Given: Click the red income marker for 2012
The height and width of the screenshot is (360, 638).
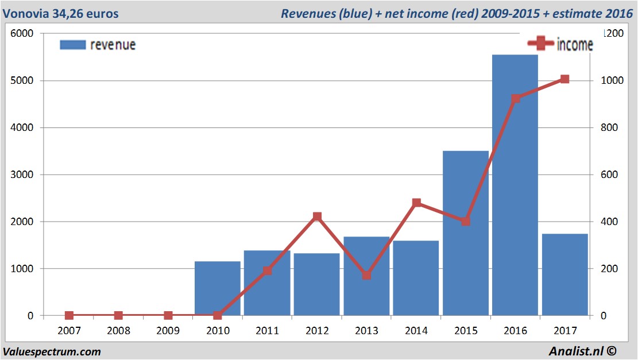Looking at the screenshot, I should [317, 217].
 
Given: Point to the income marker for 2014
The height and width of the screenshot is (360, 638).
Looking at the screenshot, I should [416, 203].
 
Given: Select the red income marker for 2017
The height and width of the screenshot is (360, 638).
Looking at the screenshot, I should [564, 79].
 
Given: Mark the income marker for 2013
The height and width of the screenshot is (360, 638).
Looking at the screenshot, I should [367, 275].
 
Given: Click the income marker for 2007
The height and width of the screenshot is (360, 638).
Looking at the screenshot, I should [69, 315].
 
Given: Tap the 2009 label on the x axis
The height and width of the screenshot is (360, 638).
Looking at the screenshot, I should [168, 331].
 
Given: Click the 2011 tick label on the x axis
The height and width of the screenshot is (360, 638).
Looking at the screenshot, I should [267, 331].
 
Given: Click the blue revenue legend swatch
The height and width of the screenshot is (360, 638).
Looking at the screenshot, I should [72, 45].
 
